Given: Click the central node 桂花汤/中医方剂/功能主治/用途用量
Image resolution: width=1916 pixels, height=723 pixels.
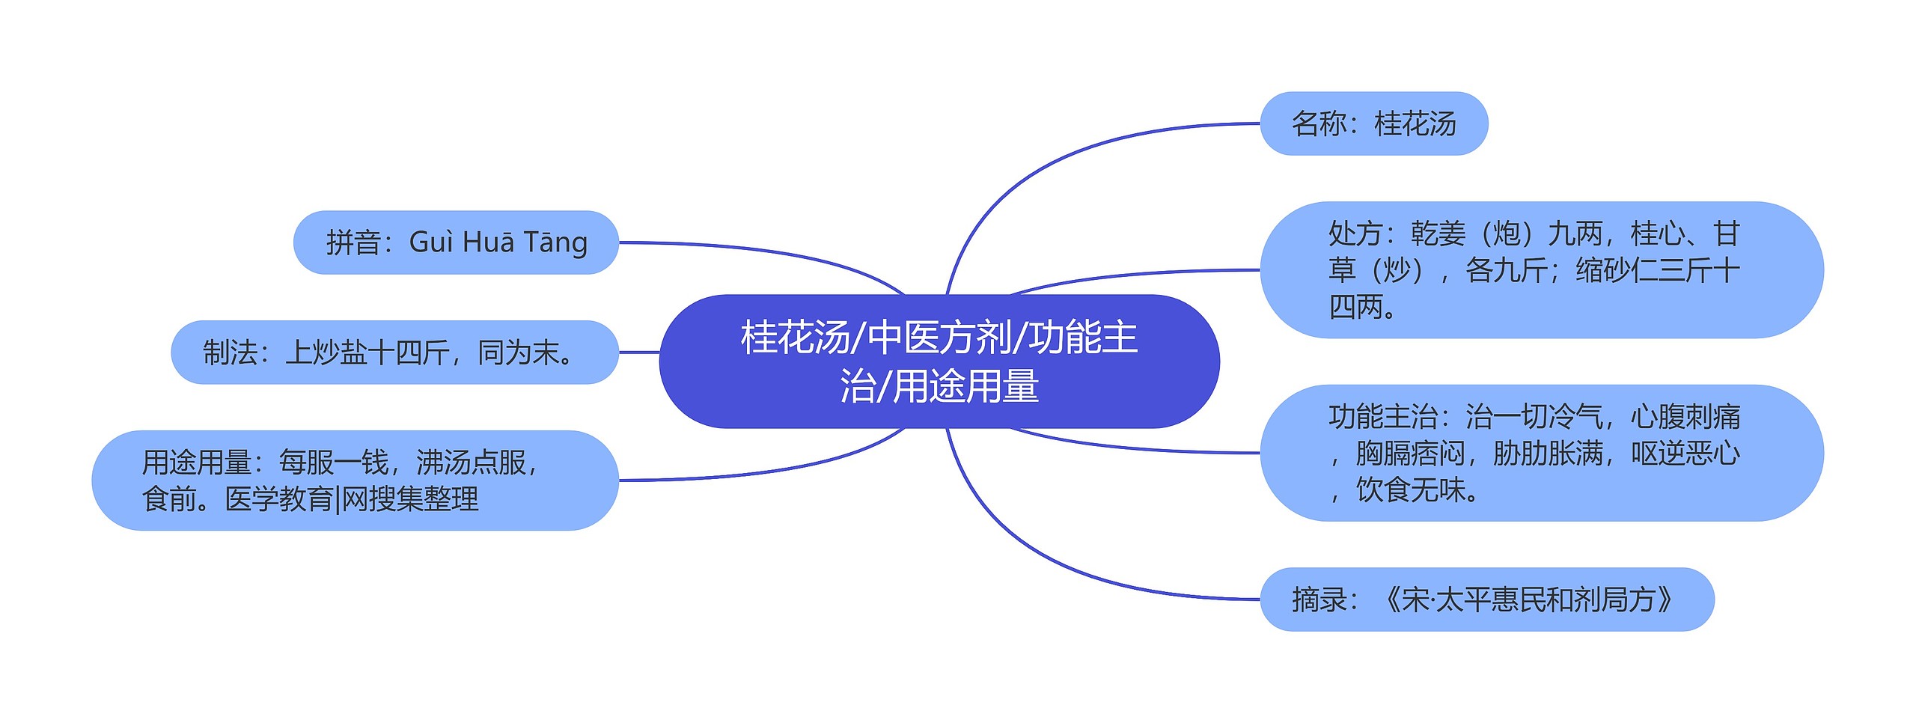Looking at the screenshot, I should (x=939, y=361).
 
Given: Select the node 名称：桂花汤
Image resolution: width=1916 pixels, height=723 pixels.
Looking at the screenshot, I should (x=1373, y=124).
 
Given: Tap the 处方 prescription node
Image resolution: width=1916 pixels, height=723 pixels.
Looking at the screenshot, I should (x=1541, y=270).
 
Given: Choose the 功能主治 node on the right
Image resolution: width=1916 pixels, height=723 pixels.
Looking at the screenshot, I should (x=1541, y=453).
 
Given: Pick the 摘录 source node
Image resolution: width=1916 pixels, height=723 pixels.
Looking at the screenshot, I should (x=1486, y=600).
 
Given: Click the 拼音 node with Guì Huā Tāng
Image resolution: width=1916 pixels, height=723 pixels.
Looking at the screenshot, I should (x=456, y=242).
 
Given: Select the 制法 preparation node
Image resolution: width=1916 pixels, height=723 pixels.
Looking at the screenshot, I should (x=394, y=353).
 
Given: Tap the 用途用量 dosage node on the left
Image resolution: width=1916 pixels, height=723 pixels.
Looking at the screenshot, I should (x=355, y=481).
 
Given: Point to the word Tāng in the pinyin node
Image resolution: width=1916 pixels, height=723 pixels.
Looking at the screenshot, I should (x=555, y=242).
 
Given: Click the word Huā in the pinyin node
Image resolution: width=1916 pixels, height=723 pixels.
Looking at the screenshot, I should (x=488, y=242).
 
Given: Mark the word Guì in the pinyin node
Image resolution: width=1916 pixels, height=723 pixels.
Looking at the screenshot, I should (x=432, y=242).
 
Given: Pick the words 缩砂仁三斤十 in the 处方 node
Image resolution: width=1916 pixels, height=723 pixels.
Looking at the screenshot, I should (x=1657, y=270).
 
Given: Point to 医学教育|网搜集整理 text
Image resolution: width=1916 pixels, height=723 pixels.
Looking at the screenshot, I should (x=352, y=499).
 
